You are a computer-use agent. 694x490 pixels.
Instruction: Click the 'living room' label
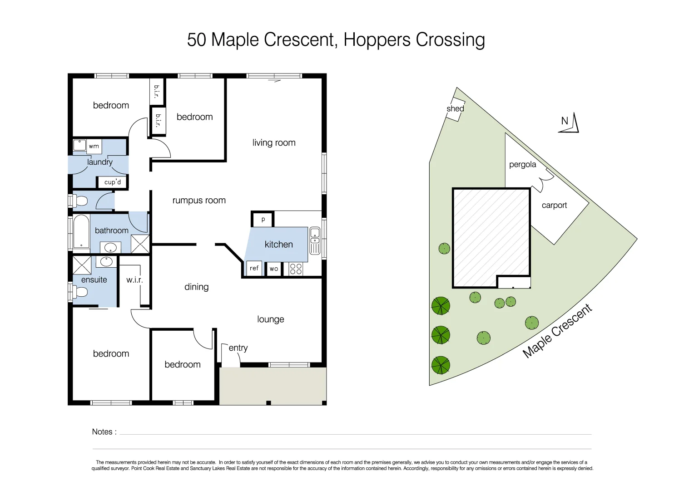(x=274, y=143)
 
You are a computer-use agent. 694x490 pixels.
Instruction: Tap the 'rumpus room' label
(x=199, y=201)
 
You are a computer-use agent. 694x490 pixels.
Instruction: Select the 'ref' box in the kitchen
(x=254, y=268)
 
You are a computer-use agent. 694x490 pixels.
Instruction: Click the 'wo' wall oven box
(x=274, y=269)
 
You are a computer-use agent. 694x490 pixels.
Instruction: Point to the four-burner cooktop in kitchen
(x=296, y=269)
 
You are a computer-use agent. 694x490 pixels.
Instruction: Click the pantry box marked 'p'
(x=263, y=220)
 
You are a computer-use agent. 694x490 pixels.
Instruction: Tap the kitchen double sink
(x=315, y=240)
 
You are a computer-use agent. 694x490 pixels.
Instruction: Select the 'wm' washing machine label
(x=94, y=146)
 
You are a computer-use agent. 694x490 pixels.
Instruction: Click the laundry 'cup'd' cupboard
(x=113, y=182)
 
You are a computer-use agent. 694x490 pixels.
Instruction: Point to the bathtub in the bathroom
(x=81, y=231)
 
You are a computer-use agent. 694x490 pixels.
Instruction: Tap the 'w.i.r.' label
(x=134, y=280)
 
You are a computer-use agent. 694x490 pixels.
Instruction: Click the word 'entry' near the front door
(x=238, y=348)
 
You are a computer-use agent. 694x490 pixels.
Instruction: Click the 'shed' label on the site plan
(x=455, y=109)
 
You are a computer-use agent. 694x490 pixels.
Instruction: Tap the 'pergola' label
(x=522, y=165)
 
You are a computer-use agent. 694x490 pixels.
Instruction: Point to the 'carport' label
(x=554, y=205)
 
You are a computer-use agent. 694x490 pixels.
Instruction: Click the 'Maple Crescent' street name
(x=557, y=331)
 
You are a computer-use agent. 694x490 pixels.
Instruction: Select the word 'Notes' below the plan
(x=102, y=432)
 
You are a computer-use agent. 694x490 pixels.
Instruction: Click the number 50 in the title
(x=197, y=40)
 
